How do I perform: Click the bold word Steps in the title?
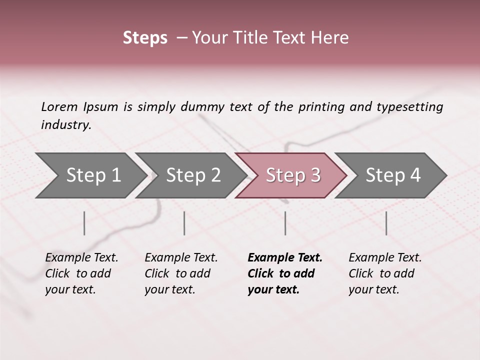click(x=145, y=38)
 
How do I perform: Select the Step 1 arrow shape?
click(x=90, y=175)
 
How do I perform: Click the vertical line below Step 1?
click(x=84, y=223)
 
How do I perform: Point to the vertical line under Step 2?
click(x=184, y=223)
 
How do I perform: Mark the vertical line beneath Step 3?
click(x=285, y=223)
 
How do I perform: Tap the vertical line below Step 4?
click(x=386, y=223)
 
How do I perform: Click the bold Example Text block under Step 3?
click(x=284, y=273)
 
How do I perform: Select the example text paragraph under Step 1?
click(x=81, y=273)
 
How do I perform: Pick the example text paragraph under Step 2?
click(x=181, y=273)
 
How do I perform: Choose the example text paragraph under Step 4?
click(x=385, y=273)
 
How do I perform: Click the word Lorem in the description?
click(x=59, y=107)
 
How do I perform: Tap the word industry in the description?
click(x=65, y=125)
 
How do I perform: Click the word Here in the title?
click(x=329, y=38)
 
